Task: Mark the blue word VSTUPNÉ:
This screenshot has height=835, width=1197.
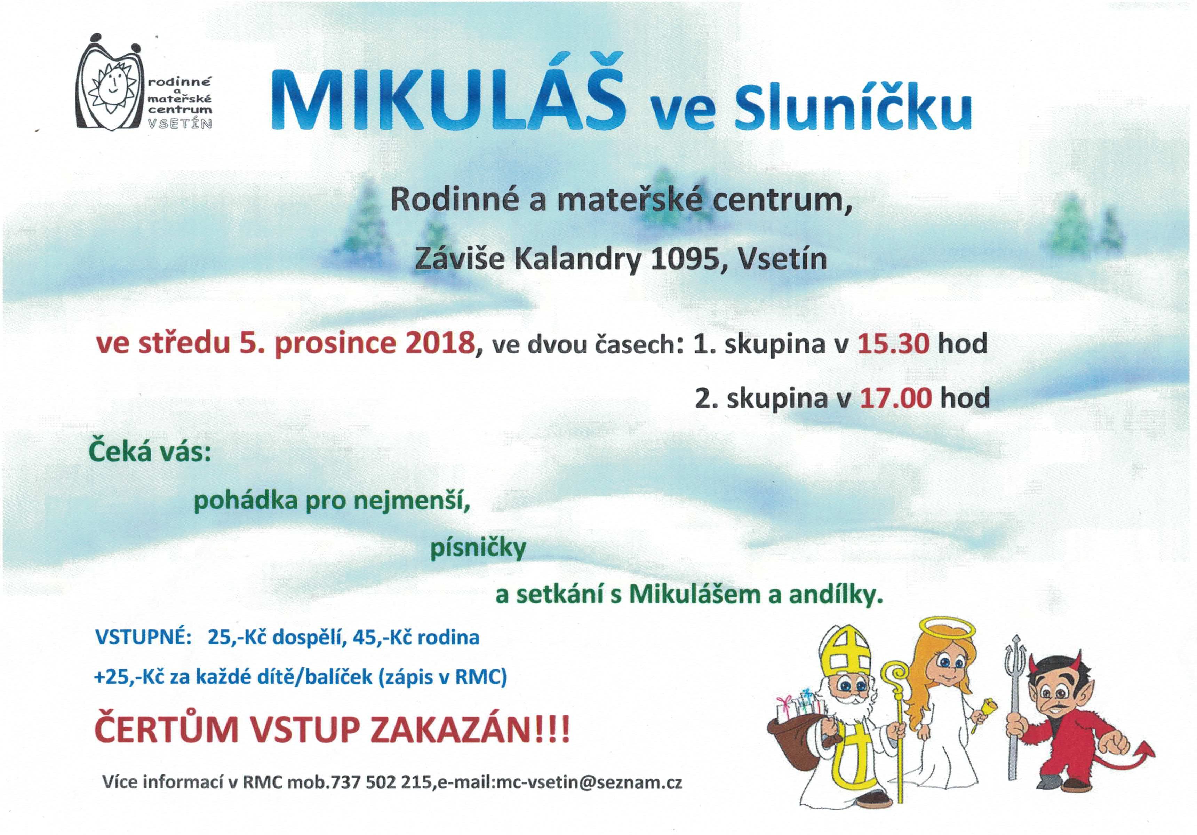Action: [x=142, y=637]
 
